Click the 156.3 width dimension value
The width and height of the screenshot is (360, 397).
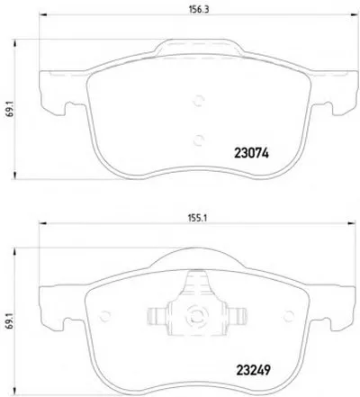tap(199, 9)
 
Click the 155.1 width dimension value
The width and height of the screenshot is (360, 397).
tap(198, 218)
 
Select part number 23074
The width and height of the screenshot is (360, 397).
tap(251, 153)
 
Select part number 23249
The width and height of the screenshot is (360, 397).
tap(254, 370)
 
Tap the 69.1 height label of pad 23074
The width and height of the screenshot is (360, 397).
tap(10, 111)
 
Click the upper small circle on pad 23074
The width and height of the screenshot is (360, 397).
tap(198, 101)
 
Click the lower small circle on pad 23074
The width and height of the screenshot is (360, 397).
tap(198, 140)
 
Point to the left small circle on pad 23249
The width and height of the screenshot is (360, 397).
tap(105, 316)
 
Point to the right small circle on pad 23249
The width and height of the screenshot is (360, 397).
tap(289, 316)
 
